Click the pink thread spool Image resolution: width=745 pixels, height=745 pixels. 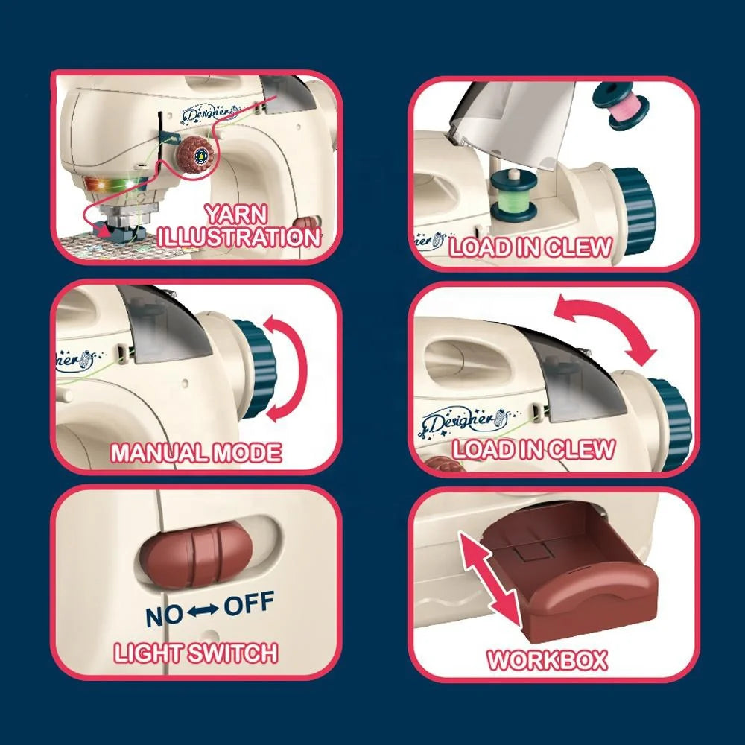[x=621, y=107]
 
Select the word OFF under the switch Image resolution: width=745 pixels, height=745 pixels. [x=249, y=603]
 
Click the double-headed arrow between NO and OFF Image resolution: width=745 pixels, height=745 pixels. [x=203, y=610]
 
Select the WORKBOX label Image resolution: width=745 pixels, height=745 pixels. [x=548, y=659]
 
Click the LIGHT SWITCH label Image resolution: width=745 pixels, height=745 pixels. [x=196, y=653]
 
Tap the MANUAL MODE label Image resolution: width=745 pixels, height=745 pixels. [x=196, y=452]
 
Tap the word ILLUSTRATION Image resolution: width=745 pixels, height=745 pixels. [x=238, y=237]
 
